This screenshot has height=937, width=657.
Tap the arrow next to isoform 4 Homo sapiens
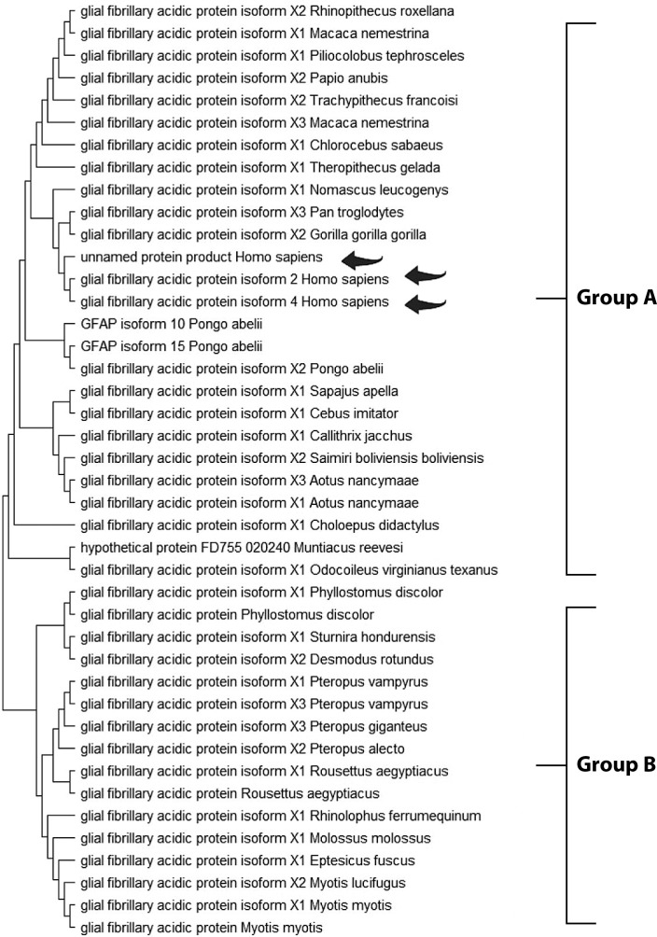point(426,301)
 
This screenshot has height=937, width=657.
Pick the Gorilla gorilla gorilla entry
point(238,234)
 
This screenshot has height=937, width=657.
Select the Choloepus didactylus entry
point(246,524)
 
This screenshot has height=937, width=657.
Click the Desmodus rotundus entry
point(236,659)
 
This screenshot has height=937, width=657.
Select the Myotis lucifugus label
point(231,882)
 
